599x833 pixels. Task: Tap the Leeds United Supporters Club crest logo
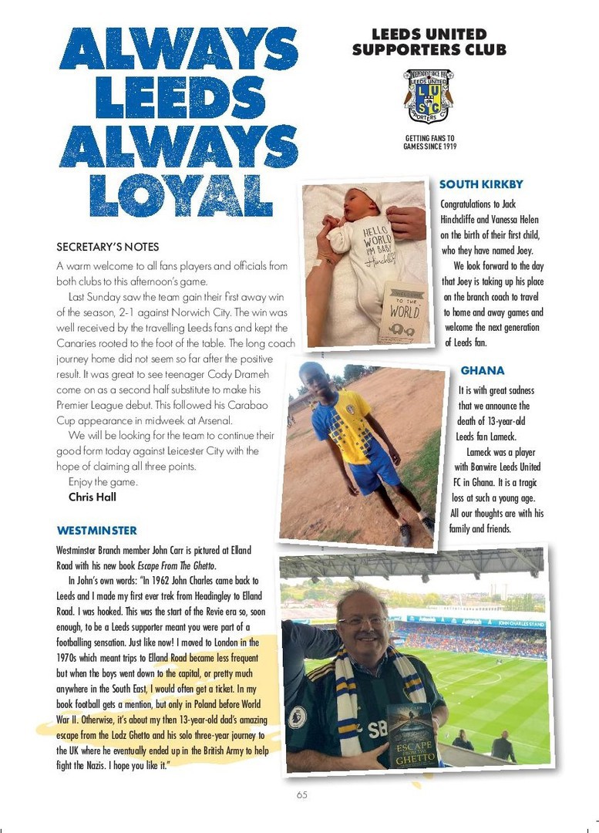coord(429,97)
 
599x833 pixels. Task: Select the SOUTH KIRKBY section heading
coord(481,184)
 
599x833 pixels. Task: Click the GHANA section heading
coord(482,371)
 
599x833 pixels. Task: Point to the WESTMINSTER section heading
coord(97,531)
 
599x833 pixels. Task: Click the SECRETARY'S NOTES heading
coord(108,248)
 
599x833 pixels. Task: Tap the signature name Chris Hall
coord(93,497)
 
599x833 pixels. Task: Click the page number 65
coord(301,795)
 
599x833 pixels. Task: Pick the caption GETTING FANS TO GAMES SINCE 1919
coord(429,143)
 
